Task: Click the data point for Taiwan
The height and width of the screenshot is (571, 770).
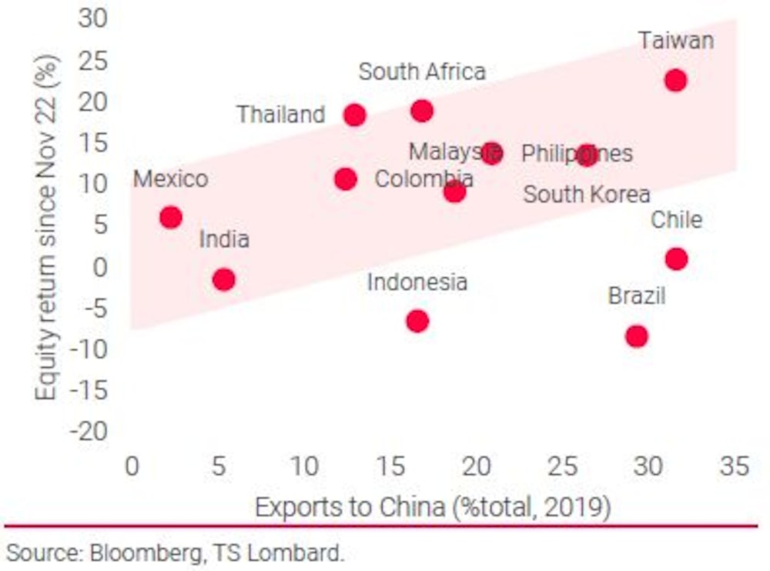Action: [x=675, y=80]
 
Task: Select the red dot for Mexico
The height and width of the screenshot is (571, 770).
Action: [x=170, y=217]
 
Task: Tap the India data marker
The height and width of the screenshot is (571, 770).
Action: [x=223, y=279]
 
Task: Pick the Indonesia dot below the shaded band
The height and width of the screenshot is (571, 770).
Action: [x=417, y=321]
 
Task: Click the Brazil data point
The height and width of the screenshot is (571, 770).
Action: [x=636, y=336]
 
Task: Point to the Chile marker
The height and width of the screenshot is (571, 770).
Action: [x=676, y=259]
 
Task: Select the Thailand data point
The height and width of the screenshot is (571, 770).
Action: [x=354, y=115]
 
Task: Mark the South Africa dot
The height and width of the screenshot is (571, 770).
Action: [x=421, y=111]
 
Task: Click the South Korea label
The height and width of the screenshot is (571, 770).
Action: [x=587, y=195]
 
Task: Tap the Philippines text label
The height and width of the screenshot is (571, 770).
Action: [x=577, y=154]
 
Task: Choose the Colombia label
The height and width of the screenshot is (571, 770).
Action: [x=423, y=180]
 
